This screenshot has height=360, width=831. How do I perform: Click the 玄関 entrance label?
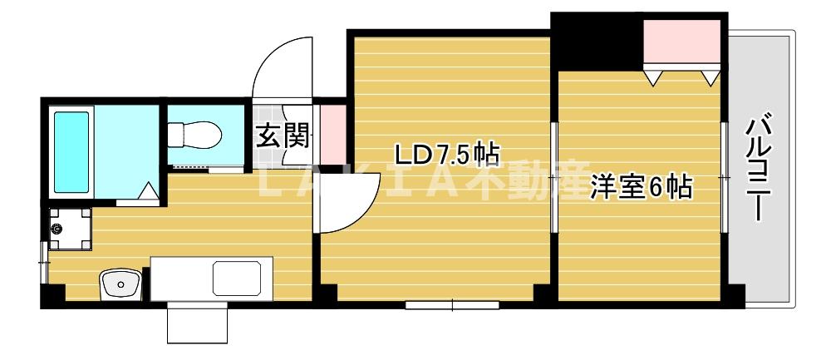(x=282, y=136)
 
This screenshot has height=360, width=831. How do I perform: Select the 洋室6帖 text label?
(x=640, y=188)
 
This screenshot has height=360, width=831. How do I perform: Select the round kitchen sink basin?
(x=120, y=285)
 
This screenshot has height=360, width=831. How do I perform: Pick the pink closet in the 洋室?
(x=682, y=42)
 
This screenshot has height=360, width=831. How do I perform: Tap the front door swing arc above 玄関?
(x=283, y=67)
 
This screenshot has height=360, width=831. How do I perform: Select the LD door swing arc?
(x=343, y=204)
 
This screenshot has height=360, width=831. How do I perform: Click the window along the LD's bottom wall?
(x=452, y=305)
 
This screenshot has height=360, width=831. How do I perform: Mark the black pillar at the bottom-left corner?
(x=52, y=296)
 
